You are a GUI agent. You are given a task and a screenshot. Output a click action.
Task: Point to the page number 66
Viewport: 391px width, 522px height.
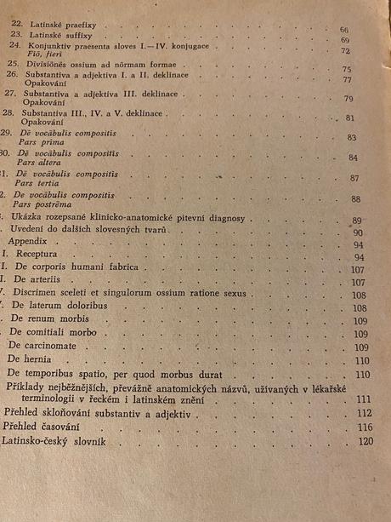pos(344,30)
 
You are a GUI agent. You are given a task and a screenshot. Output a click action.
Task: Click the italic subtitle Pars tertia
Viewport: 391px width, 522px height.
pos(42,182)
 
